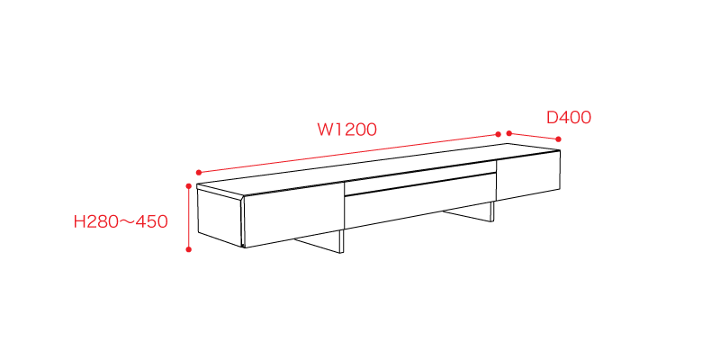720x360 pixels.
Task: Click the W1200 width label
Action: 347,130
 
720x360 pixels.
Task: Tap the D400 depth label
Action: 569,118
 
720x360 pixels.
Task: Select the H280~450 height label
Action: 121,221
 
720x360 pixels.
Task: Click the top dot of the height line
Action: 188,186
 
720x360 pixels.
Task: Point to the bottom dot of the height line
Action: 188,249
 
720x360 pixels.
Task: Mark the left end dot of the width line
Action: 198,173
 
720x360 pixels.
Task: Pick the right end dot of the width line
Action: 499,134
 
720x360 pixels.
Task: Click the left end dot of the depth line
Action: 508,133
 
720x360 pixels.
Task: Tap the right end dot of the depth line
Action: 558,139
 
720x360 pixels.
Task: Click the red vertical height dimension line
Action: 188,218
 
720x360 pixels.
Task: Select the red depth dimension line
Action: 534,136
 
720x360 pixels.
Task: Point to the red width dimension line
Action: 348,153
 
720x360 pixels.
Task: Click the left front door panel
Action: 294,214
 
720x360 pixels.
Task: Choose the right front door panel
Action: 528,175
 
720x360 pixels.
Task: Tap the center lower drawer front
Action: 420,200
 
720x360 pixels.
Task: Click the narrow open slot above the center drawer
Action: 420,177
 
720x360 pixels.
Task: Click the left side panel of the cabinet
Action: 220,218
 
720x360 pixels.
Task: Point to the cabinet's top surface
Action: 378,169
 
